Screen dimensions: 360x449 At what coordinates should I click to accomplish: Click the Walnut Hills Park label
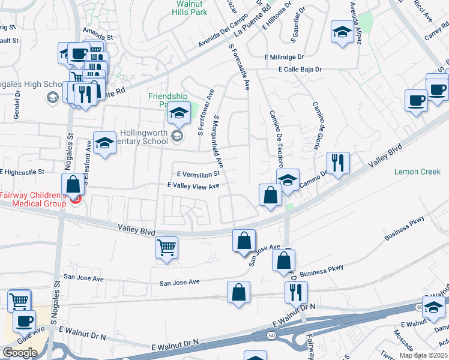pos(191,7)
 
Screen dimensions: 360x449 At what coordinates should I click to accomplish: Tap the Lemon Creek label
pos(417,172)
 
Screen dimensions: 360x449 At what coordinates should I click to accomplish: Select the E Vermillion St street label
pos(199,173)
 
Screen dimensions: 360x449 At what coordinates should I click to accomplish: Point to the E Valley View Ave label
pos(193,187)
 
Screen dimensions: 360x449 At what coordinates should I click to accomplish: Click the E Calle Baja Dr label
pos(300,70)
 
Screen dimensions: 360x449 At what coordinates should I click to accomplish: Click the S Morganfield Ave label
pos(218,142)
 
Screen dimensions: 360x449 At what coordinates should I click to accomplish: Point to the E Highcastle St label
pos(23,172)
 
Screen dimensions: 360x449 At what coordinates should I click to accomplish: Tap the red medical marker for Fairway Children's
pos(75,199)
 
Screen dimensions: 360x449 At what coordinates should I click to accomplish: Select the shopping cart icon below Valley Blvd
pos(166,247)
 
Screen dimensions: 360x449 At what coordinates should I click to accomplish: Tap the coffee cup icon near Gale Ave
pos(25,321)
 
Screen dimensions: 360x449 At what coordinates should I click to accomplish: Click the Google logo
pos(20,353)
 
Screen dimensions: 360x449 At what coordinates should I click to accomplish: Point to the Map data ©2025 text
pos(423,355)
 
